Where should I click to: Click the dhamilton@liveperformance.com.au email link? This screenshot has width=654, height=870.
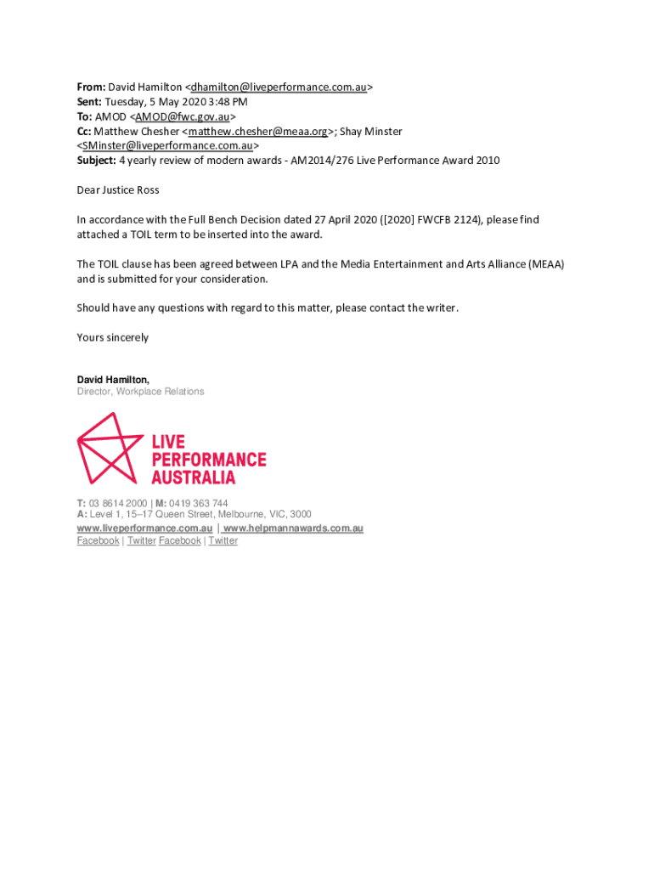coord(279,87)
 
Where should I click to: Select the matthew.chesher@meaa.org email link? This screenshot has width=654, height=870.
coord(258,131)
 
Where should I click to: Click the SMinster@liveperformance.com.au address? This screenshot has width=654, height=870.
coord(167,145)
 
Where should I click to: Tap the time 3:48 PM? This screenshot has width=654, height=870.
coord(229,101)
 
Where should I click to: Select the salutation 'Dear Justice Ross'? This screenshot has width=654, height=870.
coord(118,189)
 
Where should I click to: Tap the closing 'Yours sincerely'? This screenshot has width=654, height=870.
coord(113,337)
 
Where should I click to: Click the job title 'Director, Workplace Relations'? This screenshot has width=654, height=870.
coord(140,392)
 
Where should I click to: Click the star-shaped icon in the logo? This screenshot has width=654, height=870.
coord(109,447)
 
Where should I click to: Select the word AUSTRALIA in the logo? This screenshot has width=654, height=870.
coord(193,477)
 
